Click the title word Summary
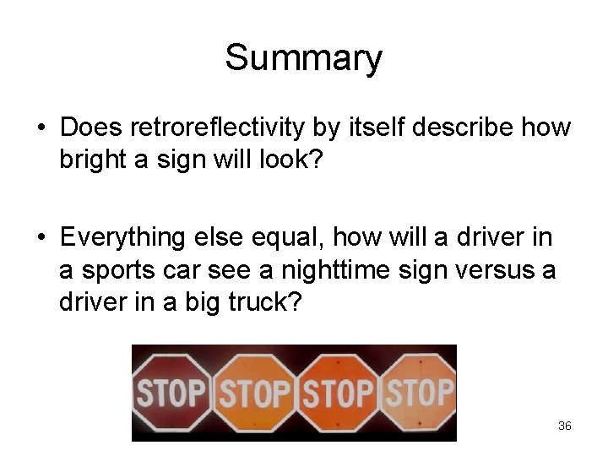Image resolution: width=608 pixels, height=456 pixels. click(303, 59)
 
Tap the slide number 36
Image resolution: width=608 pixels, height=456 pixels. click(565, 426)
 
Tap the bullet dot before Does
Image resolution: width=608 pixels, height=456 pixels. click(41, 129)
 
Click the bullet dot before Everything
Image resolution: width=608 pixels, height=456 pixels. click(41, 239)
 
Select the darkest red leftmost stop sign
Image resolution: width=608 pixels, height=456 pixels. click(173, 393)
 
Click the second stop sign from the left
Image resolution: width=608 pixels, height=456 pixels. click(254, 393)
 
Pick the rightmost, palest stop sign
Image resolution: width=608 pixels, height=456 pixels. click(419, 393)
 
